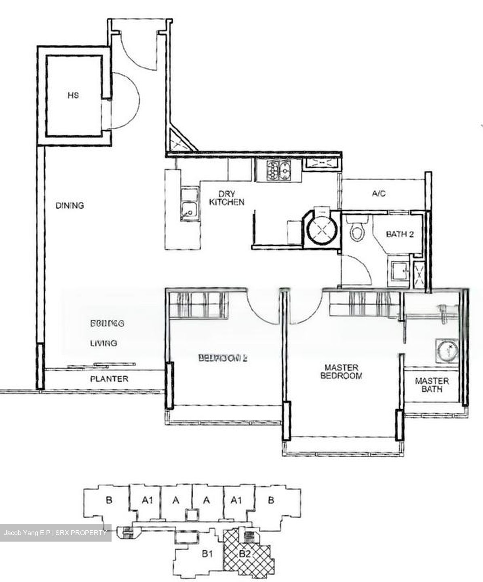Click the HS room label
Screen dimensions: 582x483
[73, 95]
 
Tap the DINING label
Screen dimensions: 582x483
[70, 205]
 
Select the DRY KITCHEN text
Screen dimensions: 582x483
[226, 198]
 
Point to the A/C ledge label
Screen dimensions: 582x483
[379, 194]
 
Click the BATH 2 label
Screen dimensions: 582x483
[400, 234]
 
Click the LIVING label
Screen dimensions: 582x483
[103, 343]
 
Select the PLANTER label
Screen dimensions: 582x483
[109, 379]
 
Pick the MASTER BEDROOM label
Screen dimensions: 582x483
[341, 371]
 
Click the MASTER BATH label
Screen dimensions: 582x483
[432, 385]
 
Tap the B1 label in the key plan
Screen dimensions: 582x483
[207, 554]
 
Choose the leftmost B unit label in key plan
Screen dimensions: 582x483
[109, 500]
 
